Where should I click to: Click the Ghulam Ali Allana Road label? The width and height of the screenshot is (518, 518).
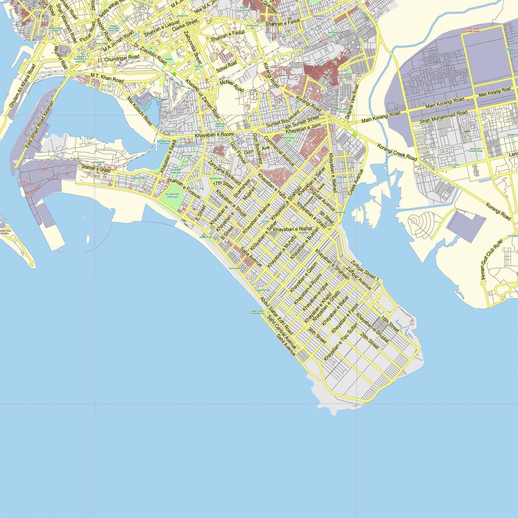tap(22, 86)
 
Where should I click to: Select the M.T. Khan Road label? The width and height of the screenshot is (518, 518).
tap(107, 78)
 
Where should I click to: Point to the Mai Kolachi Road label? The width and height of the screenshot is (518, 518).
tap(140, 111)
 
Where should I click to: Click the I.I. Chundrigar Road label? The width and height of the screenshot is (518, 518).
tap(118, 59)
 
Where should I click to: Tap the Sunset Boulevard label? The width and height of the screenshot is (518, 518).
tap(283, 119)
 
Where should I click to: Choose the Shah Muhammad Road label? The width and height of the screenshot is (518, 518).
tap(443, 117)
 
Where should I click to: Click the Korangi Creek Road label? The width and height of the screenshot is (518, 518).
tap(397, 152)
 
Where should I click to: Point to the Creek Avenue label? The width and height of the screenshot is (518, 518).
tap(355, 182)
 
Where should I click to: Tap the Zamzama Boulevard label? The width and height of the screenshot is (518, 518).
tap(224, 173)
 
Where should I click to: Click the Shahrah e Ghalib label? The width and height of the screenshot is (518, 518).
tap(96, 169)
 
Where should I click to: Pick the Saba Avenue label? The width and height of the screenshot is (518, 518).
tap(251, 257)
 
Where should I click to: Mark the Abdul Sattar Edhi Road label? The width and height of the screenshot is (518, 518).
tap(276, 315)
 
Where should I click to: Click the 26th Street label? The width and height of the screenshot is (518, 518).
tap(370, 341)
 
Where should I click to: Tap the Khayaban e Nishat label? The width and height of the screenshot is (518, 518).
tap(293, 229)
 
